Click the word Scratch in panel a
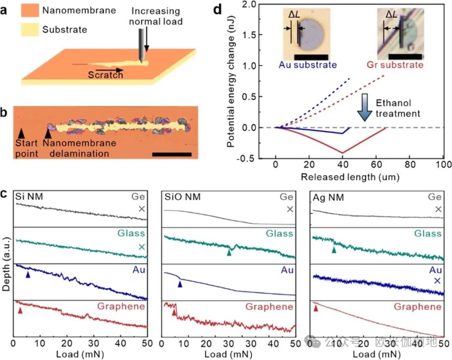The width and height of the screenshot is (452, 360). tap(105, 75)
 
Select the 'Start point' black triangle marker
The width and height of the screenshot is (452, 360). tap(21, 133)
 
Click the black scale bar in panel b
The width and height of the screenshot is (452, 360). tap(172, 154)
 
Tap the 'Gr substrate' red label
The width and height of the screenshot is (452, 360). tap(395, 65)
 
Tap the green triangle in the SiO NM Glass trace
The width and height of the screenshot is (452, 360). tap(229, 253)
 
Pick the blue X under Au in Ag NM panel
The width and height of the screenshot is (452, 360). tap(437, 281)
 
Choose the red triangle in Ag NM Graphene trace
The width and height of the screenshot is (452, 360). tap(316, 308)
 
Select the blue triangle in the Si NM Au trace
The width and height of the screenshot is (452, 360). tap(28, 275)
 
